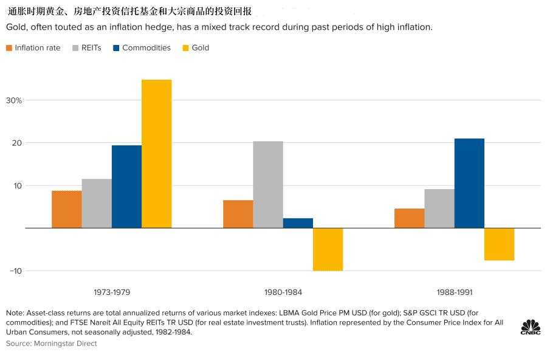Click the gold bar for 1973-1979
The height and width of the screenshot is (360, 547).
point(157,154)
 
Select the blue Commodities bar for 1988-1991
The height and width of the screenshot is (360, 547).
point(469,183)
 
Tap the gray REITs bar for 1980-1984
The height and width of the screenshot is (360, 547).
point(268,185)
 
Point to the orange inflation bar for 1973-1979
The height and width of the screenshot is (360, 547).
point(67,210)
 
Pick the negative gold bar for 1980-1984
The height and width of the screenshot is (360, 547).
point(328,249)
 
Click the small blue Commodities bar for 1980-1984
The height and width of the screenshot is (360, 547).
point(298,223)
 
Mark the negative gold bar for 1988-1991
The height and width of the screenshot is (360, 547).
point(499,244)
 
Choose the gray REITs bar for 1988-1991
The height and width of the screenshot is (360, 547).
point(439,209)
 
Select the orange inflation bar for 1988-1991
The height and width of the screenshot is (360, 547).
point(410,218)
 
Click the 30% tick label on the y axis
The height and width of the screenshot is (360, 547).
point(14,100)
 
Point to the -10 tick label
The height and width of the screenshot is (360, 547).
point(16,271)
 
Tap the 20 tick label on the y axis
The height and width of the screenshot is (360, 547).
point(17,143)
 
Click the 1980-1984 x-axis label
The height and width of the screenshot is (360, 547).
point(283,292)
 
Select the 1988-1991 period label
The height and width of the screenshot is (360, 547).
point(455,292)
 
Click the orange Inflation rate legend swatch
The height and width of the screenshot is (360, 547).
point(9,48)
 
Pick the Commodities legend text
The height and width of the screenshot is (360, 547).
point(146,48)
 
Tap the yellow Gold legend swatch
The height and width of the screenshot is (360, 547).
point(185,48)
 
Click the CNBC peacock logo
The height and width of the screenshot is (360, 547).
point(531,327)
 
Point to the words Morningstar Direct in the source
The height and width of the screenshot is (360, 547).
point(65,344)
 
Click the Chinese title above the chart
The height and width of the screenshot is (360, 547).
point(129,11)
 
